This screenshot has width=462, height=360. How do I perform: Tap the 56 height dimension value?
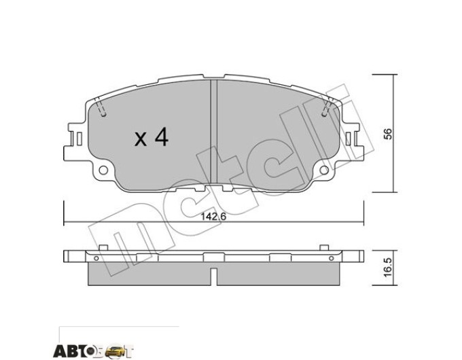pos(389,134)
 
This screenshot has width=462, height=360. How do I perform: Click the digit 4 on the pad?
pos(161,137)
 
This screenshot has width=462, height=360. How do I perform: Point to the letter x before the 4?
pos(141,139)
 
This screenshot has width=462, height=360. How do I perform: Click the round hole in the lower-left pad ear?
pos(103,170)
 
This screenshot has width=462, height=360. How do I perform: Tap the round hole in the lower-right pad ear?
pos(324,170)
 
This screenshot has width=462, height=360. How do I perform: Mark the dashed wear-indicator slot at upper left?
pos(101,108)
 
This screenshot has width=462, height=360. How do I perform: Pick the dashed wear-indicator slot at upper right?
pos(327,107)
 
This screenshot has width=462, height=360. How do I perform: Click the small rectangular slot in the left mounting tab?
pos(79,139)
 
